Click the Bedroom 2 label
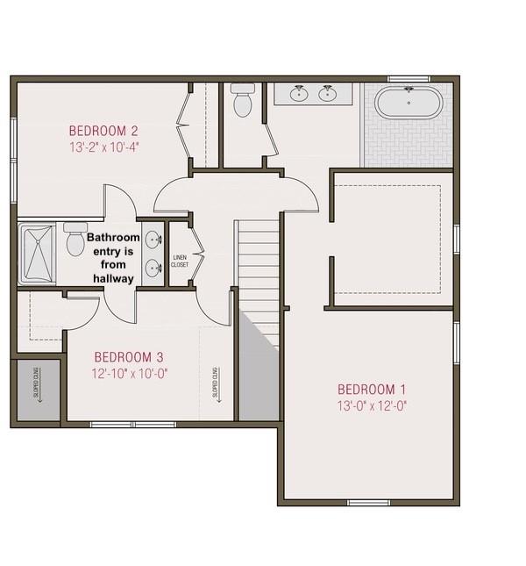tap(103, 131)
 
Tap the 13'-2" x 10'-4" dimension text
tap(104, 147)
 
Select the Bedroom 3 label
tap(129, 357)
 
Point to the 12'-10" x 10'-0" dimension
tap(130, 374)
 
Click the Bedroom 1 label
tap(372, 390)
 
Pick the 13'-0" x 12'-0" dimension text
tap(372, 406)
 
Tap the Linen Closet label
tap(180, 261)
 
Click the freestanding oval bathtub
tap(409, 102)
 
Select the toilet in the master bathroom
tap(243, 100)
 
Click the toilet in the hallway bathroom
tap(75, 240)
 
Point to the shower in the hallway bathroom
tap(37, 254)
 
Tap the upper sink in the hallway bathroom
tap(153, 240)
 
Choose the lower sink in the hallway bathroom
tap(153, 269)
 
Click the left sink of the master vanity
tap(299, 94)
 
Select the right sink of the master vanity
tap(327, 94)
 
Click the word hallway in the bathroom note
tap(114, 279)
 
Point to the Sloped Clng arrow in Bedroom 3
tap(217, 385)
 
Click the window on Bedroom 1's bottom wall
tap(369, 503)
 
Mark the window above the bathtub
tap(409, 79)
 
